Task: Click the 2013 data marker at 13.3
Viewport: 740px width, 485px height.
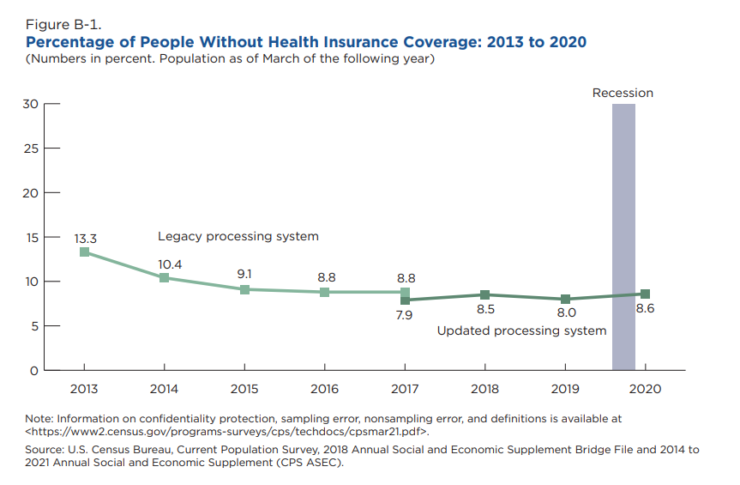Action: pos(84,252)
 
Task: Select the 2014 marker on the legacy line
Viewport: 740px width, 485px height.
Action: pos(164,277)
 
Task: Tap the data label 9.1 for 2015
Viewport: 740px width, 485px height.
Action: pos(244,273)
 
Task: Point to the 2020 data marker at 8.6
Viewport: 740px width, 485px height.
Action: pos(645,294)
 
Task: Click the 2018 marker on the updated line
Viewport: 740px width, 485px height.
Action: pos(484,294)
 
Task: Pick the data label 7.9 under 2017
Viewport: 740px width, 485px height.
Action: pos(405,315)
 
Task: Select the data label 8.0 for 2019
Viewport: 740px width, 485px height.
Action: pos(566,313)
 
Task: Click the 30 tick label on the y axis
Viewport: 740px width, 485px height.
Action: pos(30,104)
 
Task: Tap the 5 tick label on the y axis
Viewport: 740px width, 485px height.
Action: pos(33,326)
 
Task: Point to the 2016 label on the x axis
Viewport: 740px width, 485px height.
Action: pos(324,389)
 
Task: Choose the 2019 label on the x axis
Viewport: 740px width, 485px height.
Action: pos(565,389)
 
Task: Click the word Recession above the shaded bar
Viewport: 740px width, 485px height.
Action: pos(623,93)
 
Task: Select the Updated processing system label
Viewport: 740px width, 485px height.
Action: pos(521,330)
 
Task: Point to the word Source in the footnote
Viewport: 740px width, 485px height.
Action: pos(44,449)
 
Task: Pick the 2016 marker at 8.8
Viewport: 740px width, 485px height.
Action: pos(324,292)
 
